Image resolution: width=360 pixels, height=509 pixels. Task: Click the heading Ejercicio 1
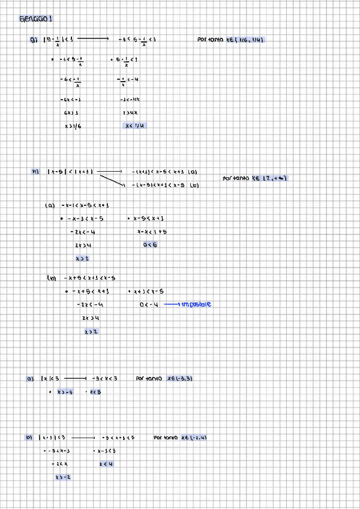point(36,19)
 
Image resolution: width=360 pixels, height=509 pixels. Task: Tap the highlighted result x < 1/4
point(134,126)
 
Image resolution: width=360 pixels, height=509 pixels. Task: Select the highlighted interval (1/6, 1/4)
point(246,40)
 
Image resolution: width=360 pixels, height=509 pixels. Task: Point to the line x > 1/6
point(72,126)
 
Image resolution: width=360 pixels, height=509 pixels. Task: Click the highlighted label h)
point(35,172)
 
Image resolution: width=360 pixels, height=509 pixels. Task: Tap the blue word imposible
point(196,304)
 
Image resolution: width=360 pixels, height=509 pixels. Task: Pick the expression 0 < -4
point(149,305)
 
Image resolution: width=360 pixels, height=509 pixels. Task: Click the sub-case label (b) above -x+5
point(52,278)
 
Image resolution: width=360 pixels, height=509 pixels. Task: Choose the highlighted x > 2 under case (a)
point(82,259)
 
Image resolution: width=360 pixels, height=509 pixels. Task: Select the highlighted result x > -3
point(65,392)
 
